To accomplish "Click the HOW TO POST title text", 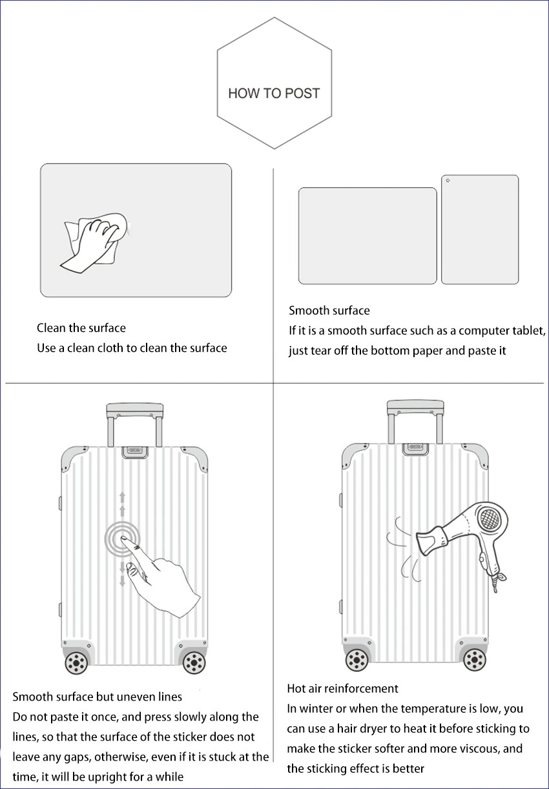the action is pyautogui.click(x=274, y=94).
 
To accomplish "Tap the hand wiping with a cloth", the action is pyautogui.click(x=94, y=242).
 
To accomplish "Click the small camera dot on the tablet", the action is pyautogui.click(x=448, y=180).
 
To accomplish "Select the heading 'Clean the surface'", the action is pyautogui.click(x=81, y=328).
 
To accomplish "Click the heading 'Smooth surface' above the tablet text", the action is pyautogui.click(x=329, y=311).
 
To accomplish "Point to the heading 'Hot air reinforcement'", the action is pyautogui.click(x=342, y=688).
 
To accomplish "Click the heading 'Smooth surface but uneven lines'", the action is pyautogui.click(x=98, y=697).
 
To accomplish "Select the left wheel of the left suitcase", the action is pyautogui.click(x=76, y=662).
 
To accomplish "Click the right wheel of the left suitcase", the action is pyautogui.click(x=194, y=662).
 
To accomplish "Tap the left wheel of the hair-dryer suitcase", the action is pyautogui.click(x=357, y=660).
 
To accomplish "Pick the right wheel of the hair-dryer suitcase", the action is pyautogui.click(x=475, y=660).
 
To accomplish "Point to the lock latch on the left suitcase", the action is pyautogui.click(x=135, y=452).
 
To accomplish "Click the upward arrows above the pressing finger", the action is pyautogui.click(x=122, y=504).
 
